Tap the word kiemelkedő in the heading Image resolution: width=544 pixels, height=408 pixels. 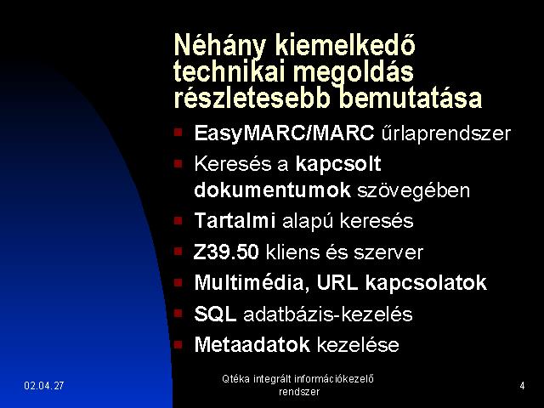345,45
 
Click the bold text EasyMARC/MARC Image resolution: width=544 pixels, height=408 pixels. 284,133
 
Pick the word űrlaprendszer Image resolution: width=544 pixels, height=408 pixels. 446,133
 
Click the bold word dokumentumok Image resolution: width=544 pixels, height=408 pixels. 272,190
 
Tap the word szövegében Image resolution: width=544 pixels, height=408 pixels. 414,190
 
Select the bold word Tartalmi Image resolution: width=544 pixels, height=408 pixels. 235,220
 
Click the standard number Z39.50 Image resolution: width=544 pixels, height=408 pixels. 226,252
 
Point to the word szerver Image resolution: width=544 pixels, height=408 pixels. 388,252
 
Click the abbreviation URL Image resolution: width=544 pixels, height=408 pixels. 337,282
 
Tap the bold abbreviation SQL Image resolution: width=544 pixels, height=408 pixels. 215,314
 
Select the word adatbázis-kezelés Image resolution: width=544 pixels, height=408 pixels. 328,314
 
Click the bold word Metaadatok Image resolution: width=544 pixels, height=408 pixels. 252,344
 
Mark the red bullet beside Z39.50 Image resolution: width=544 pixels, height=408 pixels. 178,252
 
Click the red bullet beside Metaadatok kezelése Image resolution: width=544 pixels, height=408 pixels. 178,344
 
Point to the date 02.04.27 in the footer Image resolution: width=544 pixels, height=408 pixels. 44,385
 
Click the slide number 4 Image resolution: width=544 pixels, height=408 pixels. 522,385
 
